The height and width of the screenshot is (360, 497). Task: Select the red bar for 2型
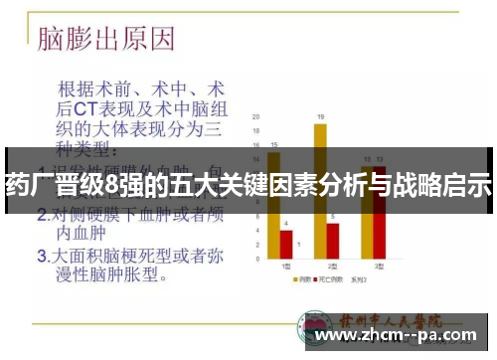click(x=333, y=239)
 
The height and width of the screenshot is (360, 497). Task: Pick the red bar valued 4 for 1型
click(x=285, y=243)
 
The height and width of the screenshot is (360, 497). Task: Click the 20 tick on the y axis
click(x=256, y=117)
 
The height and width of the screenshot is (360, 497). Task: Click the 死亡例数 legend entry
click(x=329, y=280)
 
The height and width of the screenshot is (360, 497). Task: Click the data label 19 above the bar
click(x=320, y=115)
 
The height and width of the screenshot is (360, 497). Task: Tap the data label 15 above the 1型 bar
click(x=272, y=145)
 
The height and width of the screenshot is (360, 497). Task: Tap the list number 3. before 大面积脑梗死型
click(x=43, y=255)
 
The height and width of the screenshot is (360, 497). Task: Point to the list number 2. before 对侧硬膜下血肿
click(x=43, y=214)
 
